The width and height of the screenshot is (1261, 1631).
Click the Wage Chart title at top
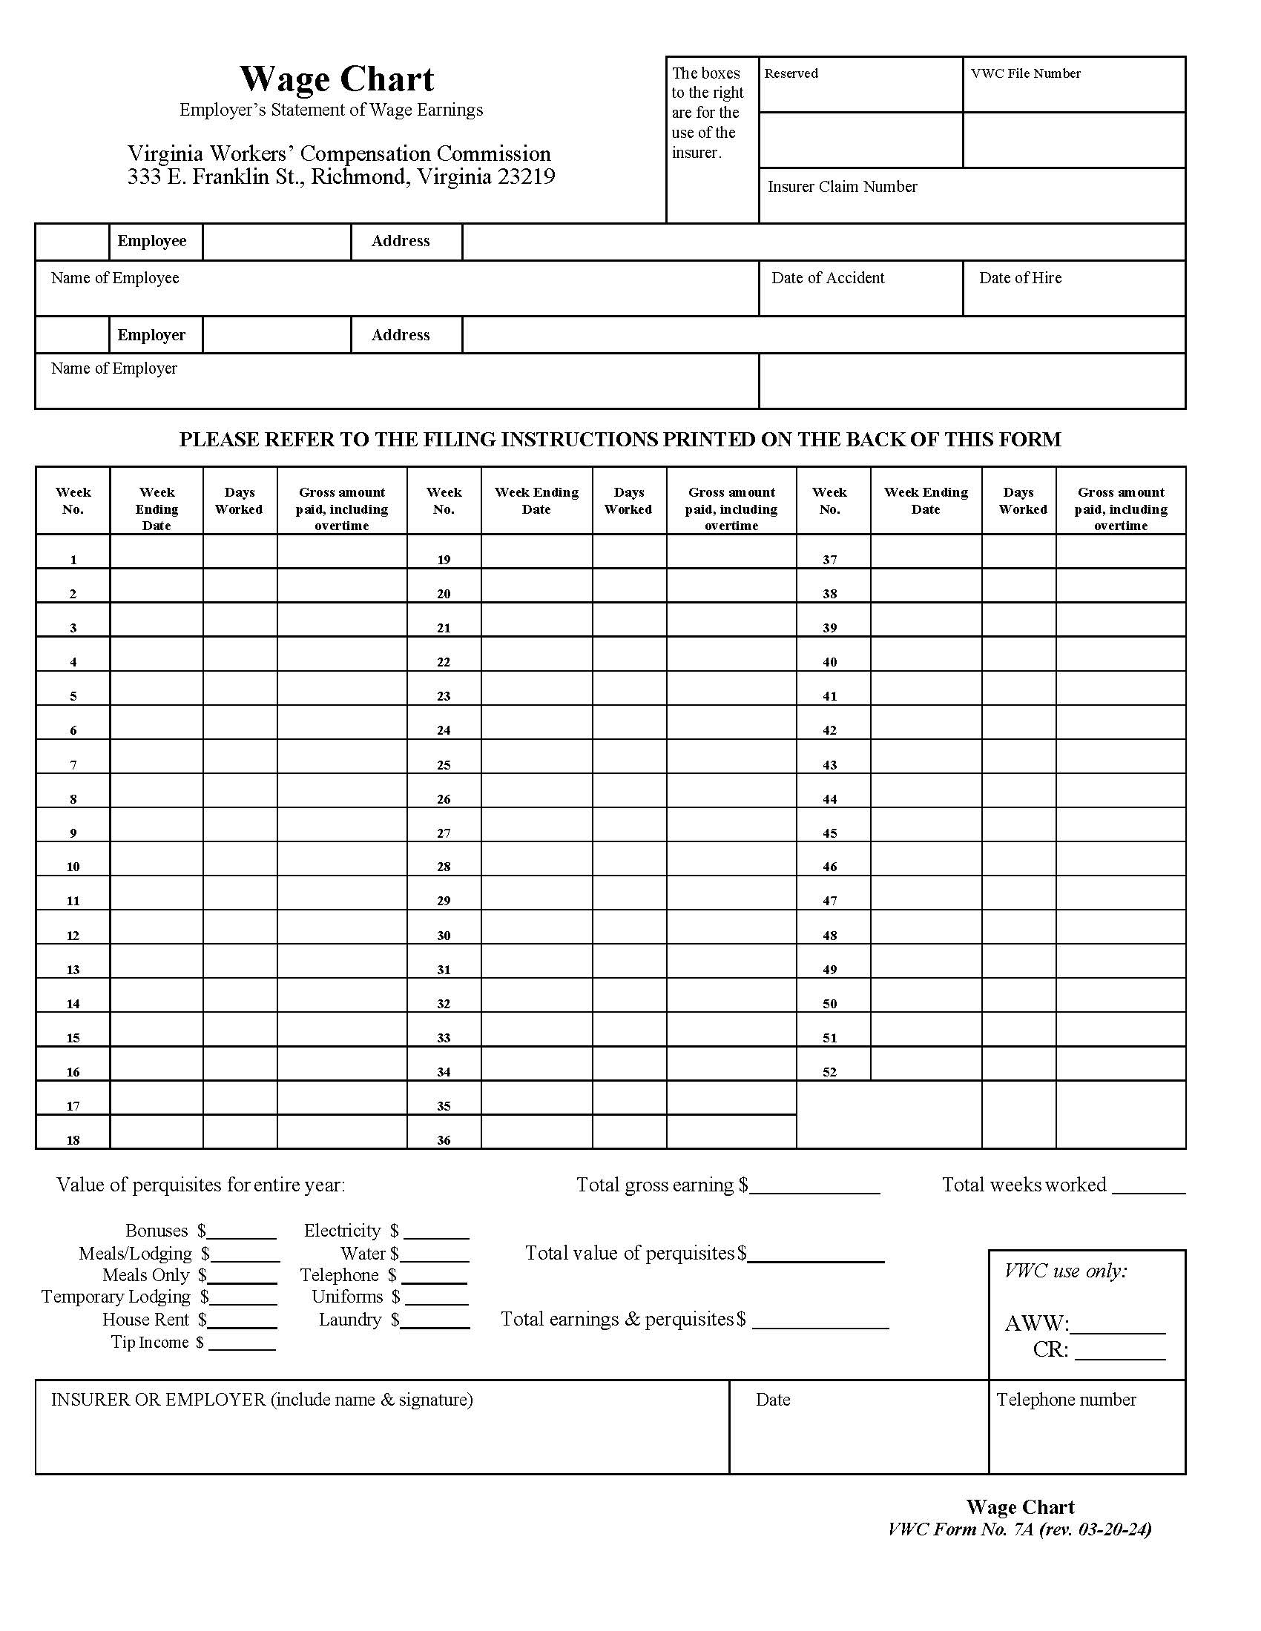click(x=336, y=79)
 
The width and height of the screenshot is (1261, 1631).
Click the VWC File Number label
click(x=1025, y=73)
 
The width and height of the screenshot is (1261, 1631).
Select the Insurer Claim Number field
click(x=971, y=196)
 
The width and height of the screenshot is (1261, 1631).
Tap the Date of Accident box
click(x=860, y=288)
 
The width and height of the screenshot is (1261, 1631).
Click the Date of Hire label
click(x=1020, y=278)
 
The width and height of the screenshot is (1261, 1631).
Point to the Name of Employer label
click(x=113, y=368)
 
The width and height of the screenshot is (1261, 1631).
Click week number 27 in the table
click(x=444, y=833)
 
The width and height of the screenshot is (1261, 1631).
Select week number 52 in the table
click(x=829, y=1072)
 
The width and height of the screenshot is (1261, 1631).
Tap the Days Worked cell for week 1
click(x=239, y=552)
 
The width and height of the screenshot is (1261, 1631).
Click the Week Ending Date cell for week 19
click(x=536, y=552)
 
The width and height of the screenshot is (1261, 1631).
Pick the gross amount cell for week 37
click(x=1121, y=552)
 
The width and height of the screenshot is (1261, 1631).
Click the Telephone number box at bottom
click(x=1086, y=1426)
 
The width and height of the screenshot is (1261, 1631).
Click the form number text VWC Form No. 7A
click(x=961, y=1529)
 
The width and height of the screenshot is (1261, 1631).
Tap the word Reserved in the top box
click(x=791, y=73)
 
